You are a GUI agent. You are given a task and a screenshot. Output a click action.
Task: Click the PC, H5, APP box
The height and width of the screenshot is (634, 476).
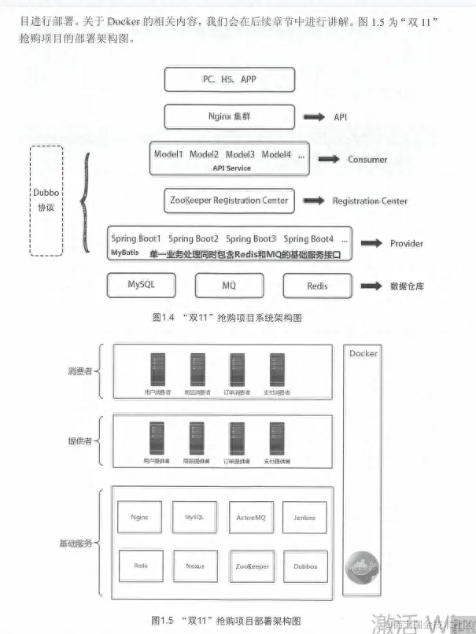coord(229,79)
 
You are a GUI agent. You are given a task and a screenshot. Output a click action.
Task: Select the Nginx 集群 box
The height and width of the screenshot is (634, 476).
coord(229,116)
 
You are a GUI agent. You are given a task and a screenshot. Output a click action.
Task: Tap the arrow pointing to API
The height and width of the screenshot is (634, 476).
coord(315,117)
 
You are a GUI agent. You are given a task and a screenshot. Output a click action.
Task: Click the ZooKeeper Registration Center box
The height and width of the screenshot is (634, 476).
coord(229,201)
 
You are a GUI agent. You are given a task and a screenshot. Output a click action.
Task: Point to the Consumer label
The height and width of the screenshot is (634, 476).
coord(367,160)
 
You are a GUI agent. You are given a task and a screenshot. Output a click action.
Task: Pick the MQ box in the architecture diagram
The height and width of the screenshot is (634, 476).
coord(229,286)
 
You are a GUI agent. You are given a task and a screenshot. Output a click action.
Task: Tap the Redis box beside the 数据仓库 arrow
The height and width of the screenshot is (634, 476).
coord(317,286)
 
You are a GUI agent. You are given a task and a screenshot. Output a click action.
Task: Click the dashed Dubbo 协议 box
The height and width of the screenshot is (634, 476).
coord(46,201)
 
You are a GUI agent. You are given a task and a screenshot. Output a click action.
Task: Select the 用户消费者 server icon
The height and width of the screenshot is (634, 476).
coord(157,369)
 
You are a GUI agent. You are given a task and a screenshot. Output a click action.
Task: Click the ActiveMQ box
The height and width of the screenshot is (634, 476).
coord(250,518)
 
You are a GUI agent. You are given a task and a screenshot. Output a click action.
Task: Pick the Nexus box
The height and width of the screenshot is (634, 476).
coord(195,566)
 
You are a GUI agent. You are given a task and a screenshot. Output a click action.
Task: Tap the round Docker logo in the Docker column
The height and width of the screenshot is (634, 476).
coord(360,566)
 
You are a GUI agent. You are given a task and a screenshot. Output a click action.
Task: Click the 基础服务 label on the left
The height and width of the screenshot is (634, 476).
coord(76,544)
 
